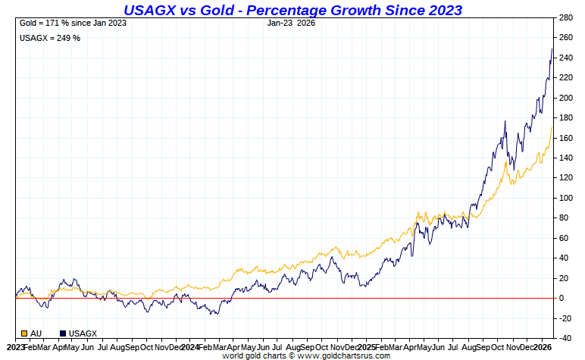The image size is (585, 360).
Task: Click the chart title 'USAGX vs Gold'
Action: tap(292, 10)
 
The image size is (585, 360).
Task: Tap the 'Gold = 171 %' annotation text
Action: tap(73, 23)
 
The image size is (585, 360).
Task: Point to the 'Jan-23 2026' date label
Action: tap(292, 23)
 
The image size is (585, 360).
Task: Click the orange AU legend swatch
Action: tap(24, 333)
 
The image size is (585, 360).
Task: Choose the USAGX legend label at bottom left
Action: tap(82, 333)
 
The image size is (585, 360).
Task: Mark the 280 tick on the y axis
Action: tap(565, 17)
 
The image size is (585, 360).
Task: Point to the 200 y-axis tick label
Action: tap(565, 98)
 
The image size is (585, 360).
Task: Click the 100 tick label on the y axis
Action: tap(565, 198)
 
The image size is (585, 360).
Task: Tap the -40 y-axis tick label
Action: tap(565, 338)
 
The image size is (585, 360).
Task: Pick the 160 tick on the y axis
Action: tap(565, 138)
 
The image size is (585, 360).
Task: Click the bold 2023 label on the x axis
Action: tap(11, 346)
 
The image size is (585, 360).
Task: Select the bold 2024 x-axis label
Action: tap(190, 346)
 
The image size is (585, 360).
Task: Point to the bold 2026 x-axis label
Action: tap(543, 346)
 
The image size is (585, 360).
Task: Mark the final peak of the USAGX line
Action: tap(552, 49)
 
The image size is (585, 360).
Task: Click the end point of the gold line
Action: tap(552, 127)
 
